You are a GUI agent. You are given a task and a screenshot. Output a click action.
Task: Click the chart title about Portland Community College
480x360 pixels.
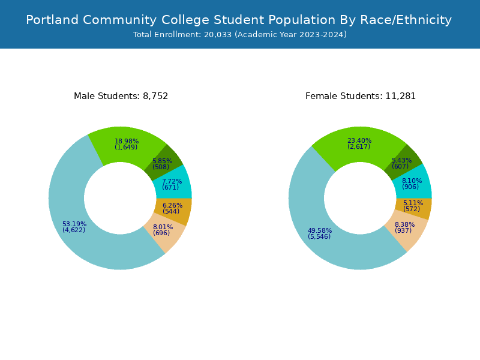[x=239, y=20]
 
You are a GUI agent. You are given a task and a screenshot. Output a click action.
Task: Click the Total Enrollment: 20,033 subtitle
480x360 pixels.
[x=240, y=35]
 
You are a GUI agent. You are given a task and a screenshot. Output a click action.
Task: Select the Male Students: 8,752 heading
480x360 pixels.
[x=121, y=96]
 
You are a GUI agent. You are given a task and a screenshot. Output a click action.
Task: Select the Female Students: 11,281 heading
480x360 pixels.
[x=361, y=96]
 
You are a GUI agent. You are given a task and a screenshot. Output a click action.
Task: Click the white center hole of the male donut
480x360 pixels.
[x=120, y=198]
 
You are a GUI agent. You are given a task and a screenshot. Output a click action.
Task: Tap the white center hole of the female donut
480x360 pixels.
[x=360, y=198]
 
